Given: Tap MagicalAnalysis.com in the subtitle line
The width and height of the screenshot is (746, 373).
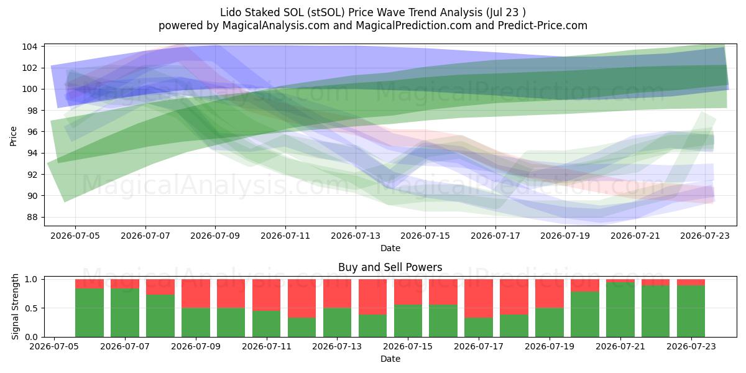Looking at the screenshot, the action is click(276, 25).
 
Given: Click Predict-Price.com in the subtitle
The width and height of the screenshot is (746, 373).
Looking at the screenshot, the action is click(543, 25).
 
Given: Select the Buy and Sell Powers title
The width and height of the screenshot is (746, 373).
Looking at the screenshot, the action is click(390, 267).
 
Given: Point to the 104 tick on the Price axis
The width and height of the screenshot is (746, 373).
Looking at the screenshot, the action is click(29, 47).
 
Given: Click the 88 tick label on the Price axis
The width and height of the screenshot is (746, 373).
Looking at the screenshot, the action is click(32, 217).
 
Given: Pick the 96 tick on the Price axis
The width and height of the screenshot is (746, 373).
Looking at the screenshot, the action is click(32, 132).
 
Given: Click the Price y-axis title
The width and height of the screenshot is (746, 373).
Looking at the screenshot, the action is click(13, 136).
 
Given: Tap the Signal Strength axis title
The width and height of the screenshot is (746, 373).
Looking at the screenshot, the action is click(15, 306).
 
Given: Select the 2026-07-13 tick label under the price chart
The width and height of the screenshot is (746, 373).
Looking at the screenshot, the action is click(356, 236).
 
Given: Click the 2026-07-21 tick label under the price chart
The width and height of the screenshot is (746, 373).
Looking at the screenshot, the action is click(635, 236).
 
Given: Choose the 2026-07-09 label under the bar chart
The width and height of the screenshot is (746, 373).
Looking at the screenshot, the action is click(196, 347).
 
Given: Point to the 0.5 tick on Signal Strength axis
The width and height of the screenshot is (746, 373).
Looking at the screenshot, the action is click(32, 308).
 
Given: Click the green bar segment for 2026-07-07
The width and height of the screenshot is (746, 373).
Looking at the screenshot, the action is click(125, 313).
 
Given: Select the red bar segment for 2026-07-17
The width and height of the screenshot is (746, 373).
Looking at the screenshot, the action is click(479, 298).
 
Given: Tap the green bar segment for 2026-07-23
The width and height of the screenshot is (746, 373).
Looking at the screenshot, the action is click(691, 311).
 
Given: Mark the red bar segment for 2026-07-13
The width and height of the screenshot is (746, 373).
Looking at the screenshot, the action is click(338, 293).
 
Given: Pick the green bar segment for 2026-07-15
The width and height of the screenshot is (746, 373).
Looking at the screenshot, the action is click(408, 321).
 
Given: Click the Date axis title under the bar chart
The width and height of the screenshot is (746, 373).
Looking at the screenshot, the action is click(390, 359).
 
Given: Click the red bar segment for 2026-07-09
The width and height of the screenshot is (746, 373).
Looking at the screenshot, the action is click(196, 293).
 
